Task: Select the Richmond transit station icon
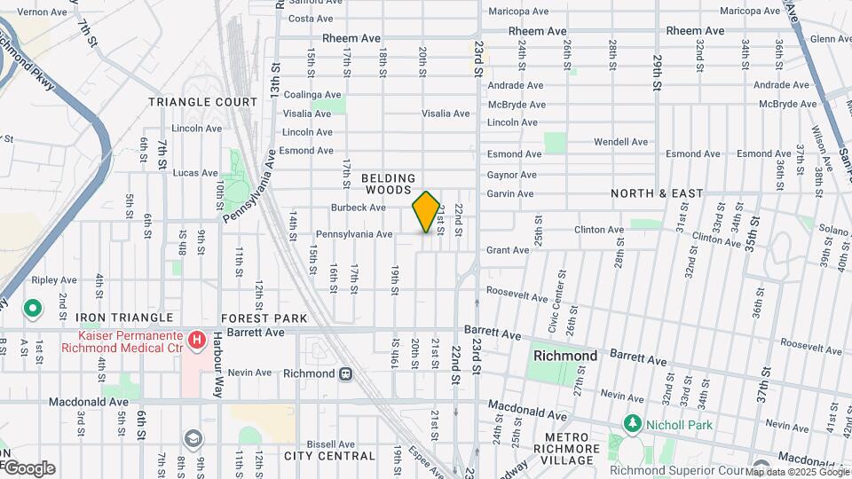[x=344, y=373]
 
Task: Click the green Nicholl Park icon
[x=632, y=423]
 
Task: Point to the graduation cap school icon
[x=192, y=439]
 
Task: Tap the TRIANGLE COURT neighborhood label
[x=202, y=102]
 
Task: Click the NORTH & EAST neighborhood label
[x=657, y=193]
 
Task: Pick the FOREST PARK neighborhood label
[x=264, y=318]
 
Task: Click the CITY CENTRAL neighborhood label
[x=329, y=456]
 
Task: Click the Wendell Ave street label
[x=620, y=142]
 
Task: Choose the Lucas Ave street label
[x=196, y=173]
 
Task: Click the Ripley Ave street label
[x=55, y=279]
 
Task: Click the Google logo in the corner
[x=28, y=468]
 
